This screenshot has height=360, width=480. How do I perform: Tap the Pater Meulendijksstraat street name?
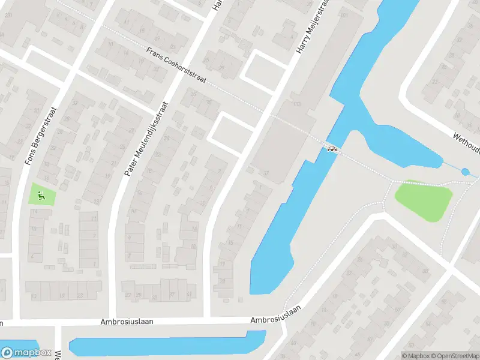[147, 138]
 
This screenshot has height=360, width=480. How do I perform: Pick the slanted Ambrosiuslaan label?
[276, 313]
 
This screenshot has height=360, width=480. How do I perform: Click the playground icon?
[41, 194]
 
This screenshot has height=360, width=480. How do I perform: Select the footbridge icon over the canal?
[331, 148]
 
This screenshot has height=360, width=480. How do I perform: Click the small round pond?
[466, 172]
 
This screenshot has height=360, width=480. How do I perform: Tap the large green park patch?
[424, 200]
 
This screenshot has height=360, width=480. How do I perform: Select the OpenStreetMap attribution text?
[454, 356]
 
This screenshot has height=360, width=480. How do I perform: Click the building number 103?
[296, 104]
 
